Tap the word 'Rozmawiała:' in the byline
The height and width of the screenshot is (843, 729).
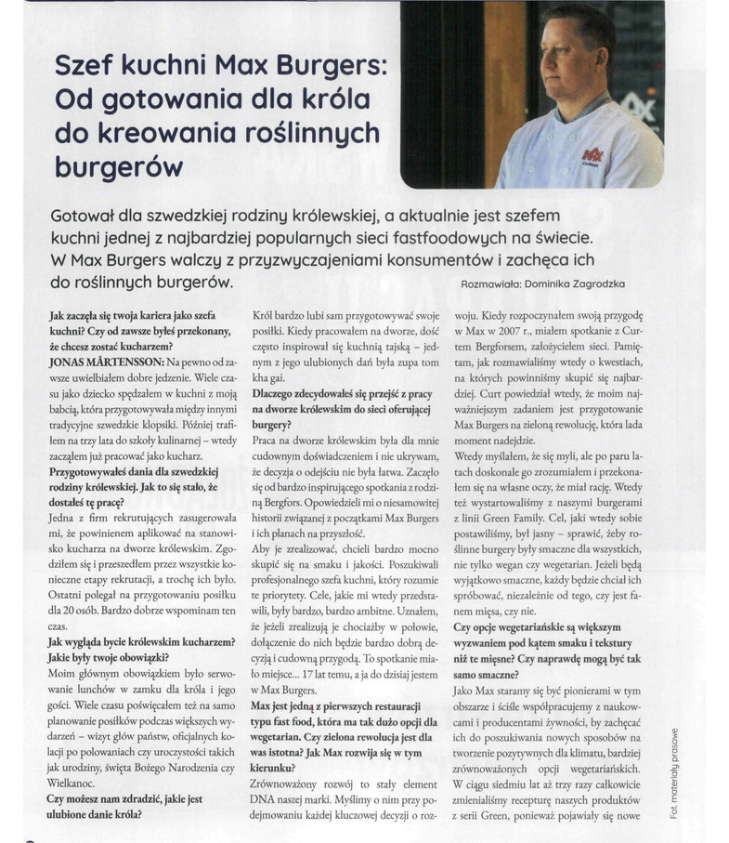(x=498, y=283)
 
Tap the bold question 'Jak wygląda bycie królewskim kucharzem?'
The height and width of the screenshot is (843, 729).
(x=142, y=641)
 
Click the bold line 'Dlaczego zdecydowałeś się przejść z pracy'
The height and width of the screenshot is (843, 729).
(x=341, y=394)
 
